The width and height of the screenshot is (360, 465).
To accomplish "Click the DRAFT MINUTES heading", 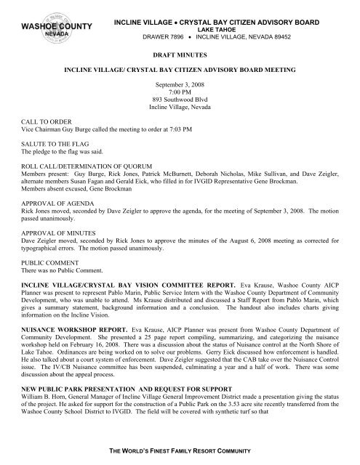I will [x=179, y=54].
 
